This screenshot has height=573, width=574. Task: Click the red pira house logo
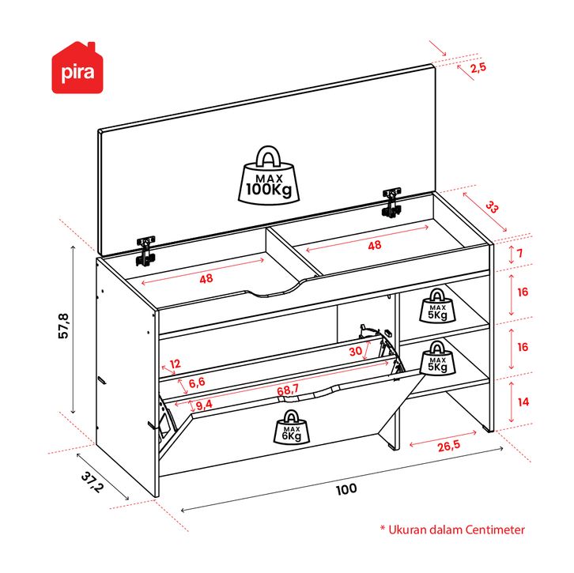(77, 68)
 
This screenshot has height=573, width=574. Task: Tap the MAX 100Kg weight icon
(269, 175)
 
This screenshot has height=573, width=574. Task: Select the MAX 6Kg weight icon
(292, 427)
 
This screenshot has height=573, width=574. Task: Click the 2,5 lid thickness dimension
(478, 67)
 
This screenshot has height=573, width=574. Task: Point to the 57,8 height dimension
(63, 326)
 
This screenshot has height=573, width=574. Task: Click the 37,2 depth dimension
(93, 482)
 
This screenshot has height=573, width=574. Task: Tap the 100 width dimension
(346, 489)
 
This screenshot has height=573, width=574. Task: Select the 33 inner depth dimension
(492, 207)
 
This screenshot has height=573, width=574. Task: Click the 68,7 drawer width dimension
(288, 390)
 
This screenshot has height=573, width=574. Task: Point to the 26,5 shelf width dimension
(449, 446)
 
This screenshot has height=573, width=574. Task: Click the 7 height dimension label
(519, 253)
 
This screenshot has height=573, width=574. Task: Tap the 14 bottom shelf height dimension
(523, 402)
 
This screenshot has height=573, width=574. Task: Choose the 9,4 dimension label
(204, 405)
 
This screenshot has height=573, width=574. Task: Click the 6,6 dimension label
(197, 383)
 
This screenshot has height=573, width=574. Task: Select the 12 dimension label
(175, 364)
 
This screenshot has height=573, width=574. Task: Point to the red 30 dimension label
(356, 351)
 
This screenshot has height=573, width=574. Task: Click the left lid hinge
(145, 251)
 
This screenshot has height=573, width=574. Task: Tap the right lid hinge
(391, 202)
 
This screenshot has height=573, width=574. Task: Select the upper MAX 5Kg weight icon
(437, 306)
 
